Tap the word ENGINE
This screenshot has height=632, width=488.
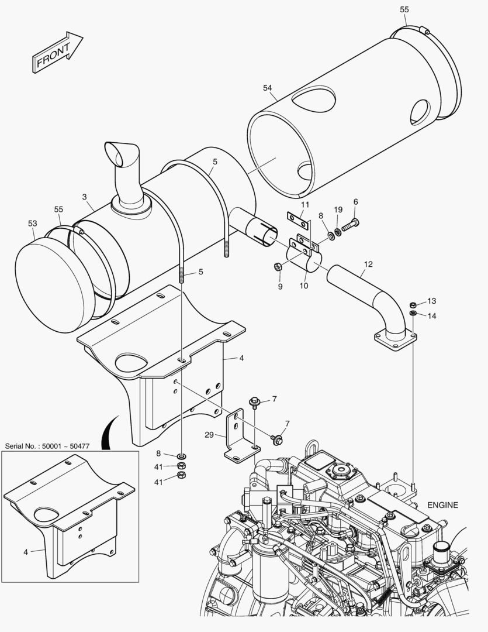tap(442, 505)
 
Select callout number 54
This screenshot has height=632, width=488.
tap(268, 88)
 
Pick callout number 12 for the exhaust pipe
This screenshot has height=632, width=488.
tap(368, 264)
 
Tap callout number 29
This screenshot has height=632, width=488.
tap(209, 435)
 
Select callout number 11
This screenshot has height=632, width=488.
tap(305, 205)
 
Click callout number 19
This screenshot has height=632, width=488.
tap(338, 210)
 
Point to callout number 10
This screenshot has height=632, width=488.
tap(303, 286)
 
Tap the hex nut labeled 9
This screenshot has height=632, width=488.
tap(278, 267)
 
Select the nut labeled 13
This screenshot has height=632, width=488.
tap(413, 304)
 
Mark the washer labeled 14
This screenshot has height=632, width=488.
tap(413, 314)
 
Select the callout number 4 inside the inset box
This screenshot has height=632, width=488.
tap(26, 551)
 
